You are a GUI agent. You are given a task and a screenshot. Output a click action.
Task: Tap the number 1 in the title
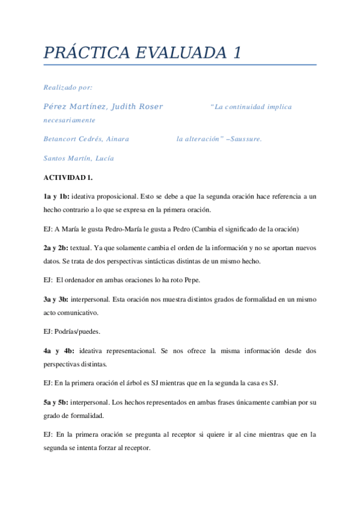236,53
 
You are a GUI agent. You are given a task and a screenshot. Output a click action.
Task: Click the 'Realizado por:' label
68,88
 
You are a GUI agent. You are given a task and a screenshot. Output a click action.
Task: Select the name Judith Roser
138,107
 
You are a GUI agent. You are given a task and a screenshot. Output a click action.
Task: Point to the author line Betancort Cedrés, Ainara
87,139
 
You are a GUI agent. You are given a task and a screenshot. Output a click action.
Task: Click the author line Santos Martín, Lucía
79,159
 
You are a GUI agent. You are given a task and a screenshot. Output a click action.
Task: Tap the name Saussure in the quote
245,139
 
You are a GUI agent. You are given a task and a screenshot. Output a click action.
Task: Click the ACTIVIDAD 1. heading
69,178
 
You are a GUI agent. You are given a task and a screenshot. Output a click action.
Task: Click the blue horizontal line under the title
180,64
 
